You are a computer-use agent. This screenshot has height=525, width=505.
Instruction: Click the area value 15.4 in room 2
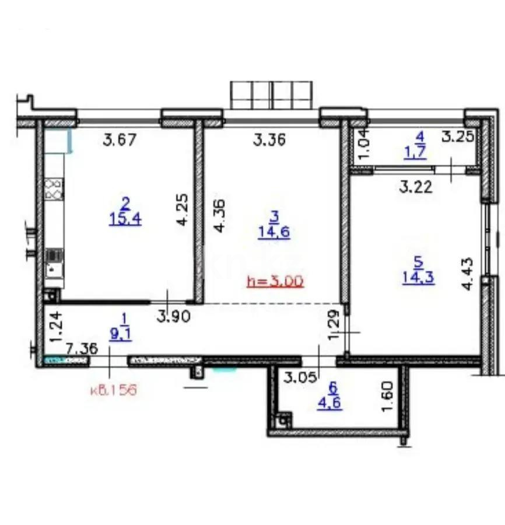125,219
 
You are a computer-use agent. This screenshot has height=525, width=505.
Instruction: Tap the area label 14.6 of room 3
274,232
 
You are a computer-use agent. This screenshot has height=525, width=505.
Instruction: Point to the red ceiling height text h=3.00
275,282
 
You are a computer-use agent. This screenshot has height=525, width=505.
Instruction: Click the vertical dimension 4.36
220,216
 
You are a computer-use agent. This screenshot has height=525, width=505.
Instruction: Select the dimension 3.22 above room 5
414,187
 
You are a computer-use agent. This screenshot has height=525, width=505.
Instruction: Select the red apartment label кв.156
113,390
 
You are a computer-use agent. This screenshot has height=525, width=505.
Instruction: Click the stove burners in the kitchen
53,190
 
